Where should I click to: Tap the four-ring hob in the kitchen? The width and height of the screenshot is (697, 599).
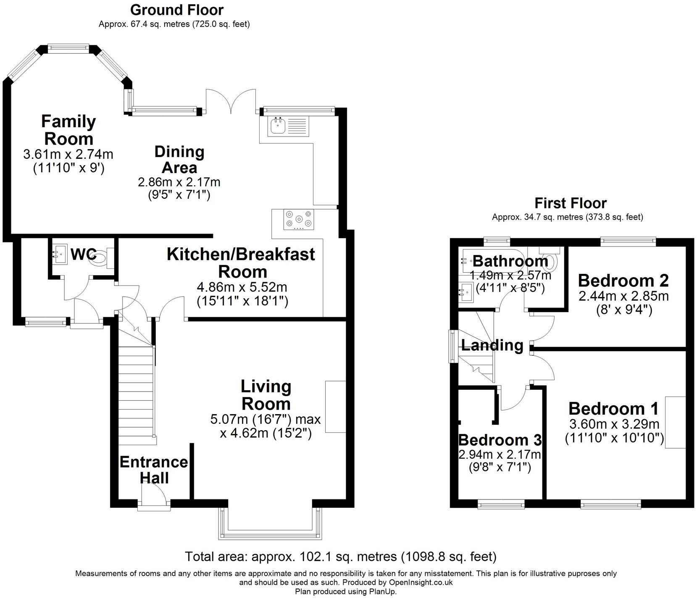click(299, 219)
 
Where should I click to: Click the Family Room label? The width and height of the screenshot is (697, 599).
click(68, 130)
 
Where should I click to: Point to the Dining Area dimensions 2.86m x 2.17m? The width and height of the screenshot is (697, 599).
click(179, 182)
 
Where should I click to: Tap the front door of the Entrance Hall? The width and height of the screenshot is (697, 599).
click(154, 496)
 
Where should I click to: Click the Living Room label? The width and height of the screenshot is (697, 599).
click(266, 395)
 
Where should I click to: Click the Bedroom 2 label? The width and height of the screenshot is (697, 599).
click(623, 280)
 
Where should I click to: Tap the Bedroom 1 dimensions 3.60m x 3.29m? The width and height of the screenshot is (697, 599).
click(614, 424)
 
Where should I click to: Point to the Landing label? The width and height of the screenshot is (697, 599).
click(492, 345)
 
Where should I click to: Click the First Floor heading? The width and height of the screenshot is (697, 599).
click(570, 203)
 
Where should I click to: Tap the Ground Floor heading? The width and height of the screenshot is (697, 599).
click(177, 10)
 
